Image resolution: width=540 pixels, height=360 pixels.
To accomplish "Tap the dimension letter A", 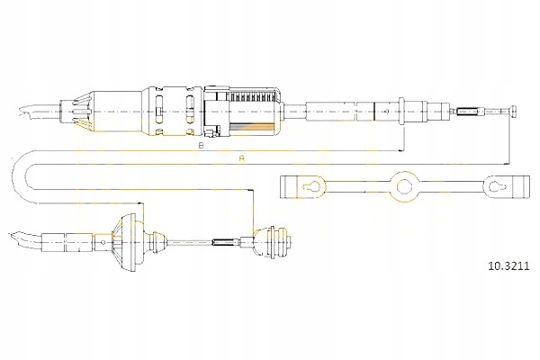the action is pos(241,159).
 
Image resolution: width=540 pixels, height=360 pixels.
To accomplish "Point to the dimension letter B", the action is pos(200,145).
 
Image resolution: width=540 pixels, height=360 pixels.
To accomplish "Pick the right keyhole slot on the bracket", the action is pos(497,187).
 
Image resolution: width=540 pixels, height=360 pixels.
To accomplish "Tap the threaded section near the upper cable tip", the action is pos(468,112).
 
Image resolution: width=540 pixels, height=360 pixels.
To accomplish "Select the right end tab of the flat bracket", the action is pos(519,187).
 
